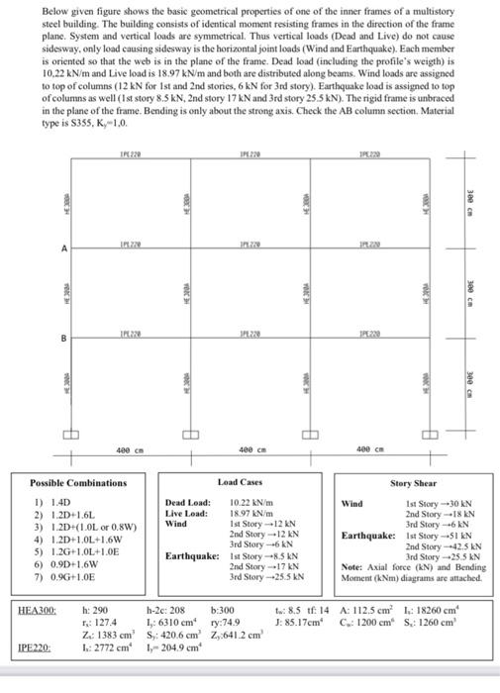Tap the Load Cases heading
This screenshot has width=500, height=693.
coord(239,482)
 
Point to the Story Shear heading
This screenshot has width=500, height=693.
coord(414,483)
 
